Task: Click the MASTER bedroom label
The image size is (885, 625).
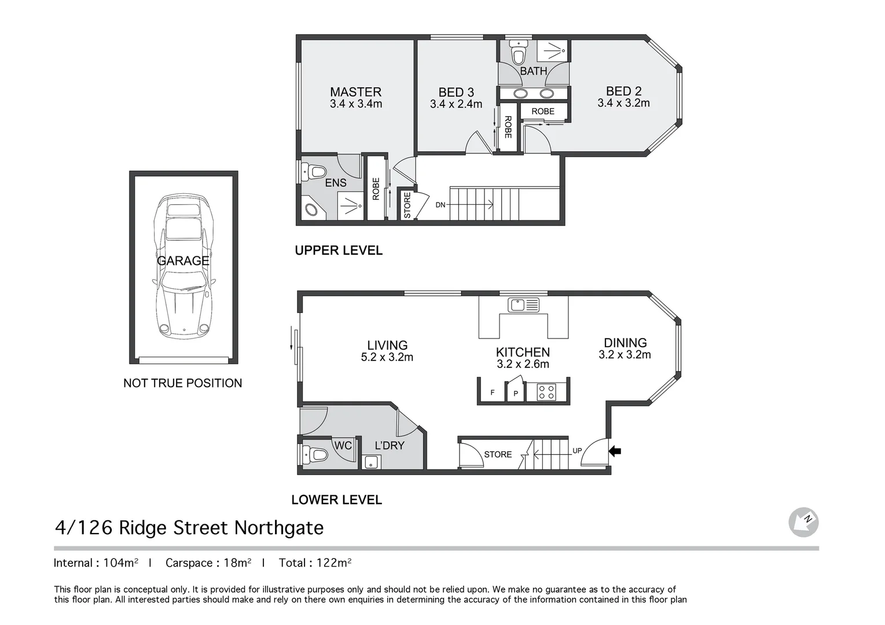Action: (x=355, y=92)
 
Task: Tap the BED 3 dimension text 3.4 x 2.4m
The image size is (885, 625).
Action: (x=456, y=104)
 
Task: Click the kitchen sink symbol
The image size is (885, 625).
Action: (x=523, y=306)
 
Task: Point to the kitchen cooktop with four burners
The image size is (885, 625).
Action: (x=546, y=392)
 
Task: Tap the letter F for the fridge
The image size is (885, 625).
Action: (x=493, y=392)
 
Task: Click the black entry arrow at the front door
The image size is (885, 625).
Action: (x=615, y=451)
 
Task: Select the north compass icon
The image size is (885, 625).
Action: (x=803, y=522)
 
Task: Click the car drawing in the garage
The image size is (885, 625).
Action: (x=183, y=266)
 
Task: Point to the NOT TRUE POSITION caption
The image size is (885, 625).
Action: (x=182, y=383)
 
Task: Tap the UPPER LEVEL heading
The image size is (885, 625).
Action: (x=339, y=250)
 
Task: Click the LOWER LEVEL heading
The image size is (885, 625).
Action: (x=337, y=499)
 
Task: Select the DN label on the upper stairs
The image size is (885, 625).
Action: (x=440, y=205)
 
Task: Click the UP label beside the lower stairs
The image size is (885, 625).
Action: (x=577, y=450)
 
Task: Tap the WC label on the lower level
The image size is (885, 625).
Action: (x=343, y=445)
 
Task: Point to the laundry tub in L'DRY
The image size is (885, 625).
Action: (x=372, y=462)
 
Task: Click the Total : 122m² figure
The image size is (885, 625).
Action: (x=315, y=562)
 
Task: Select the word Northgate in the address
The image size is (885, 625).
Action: (x=279, y=527)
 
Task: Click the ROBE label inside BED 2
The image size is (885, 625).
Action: (x=543, y=112)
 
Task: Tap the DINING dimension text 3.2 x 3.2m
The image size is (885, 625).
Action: (x=625, y=354)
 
